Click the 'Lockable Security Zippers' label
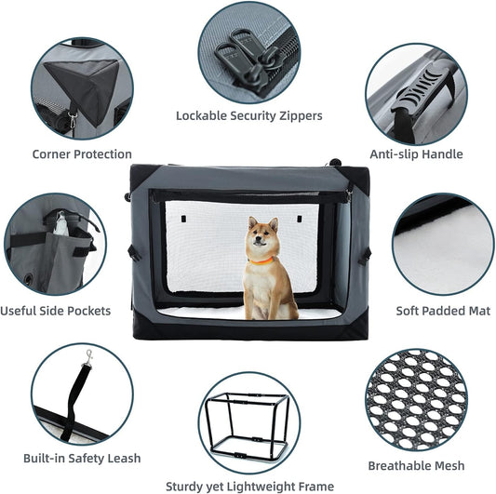(x=249, y=116)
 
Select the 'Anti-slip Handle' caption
(x=416, y=154)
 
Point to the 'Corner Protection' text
(x=82, y=154)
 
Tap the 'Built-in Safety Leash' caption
(x=84, y=458)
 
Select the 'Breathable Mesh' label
(x=416, y=465)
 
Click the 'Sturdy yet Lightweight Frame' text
(x=249, y=486)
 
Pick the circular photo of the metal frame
(x=248, y=422)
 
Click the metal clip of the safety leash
(x=89, y=356)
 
